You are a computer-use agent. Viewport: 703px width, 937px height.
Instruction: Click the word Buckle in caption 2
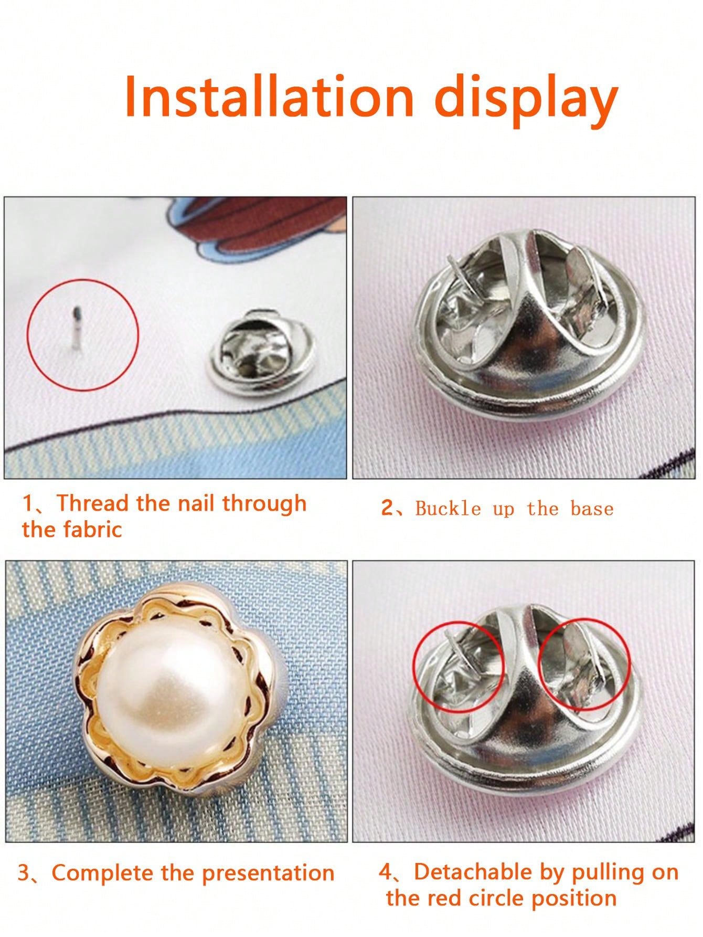[448, 509]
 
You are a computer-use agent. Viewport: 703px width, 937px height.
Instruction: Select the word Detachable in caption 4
[472, 872]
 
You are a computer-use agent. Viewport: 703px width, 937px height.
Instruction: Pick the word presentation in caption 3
[269, 873]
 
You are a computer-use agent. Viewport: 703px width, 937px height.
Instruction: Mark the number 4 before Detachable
[386, 872]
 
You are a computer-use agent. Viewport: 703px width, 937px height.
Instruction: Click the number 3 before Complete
[24, 873]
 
